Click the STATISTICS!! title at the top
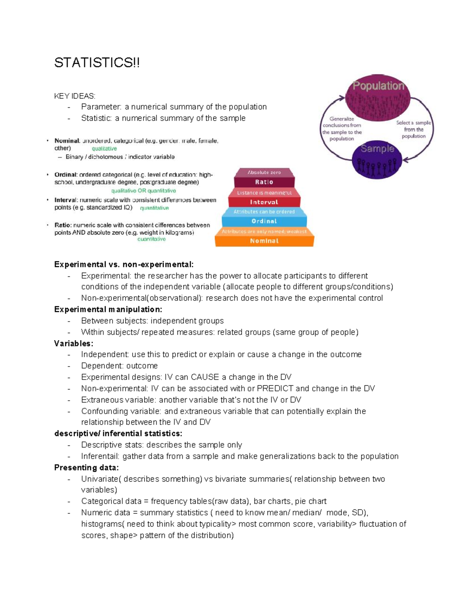tap(97, 63)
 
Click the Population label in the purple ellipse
tap(378, 86)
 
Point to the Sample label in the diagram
tap(377, 149)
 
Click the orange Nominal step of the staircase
tap(264, 241)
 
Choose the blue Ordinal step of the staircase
tap(264, 221)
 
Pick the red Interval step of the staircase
tap(264, 202)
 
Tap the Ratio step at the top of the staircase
tap(264, 182)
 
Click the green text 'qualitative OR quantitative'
tap(144, 191)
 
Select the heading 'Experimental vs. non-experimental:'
tap(124, 264)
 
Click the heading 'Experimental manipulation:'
tap(108, 309)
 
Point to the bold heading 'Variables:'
tap(74, 343)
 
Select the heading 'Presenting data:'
tap(86, 467)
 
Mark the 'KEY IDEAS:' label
tap(75, 96)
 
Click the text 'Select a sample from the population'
tap(413, 129)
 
